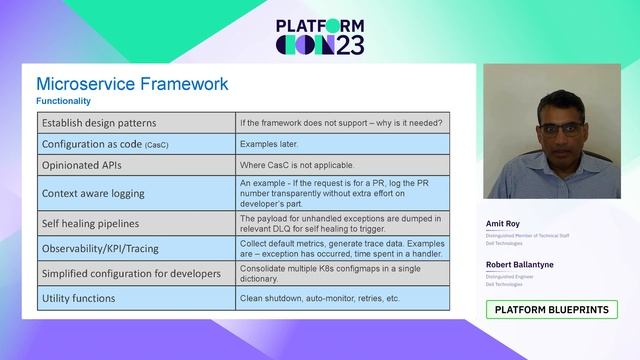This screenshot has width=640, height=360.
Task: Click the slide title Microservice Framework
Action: point(132,84)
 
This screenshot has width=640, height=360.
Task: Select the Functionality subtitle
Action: point(64,102)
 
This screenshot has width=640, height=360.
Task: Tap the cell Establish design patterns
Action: point(99,123)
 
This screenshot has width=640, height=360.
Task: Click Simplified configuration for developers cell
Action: point(133,273)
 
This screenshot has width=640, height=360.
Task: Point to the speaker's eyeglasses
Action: point(541,129)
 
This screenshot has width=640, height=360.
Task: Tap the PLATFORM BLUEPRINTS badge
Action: point(552,310)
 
